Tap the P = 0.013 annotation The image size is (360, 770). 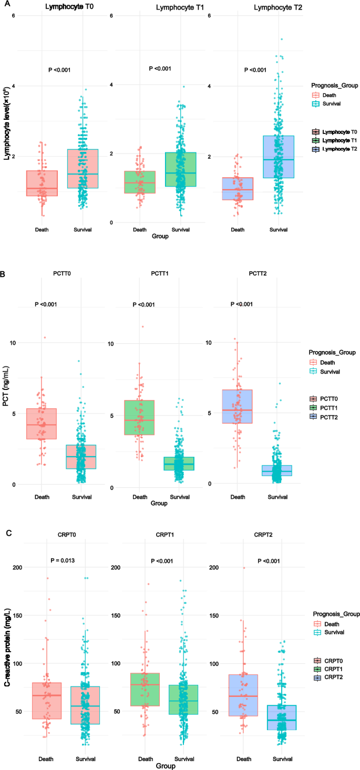point(62,560)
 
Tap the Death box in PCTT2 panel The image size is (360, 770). point(238,406)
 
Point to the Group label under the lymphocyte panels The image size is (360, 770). point(160,237)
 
